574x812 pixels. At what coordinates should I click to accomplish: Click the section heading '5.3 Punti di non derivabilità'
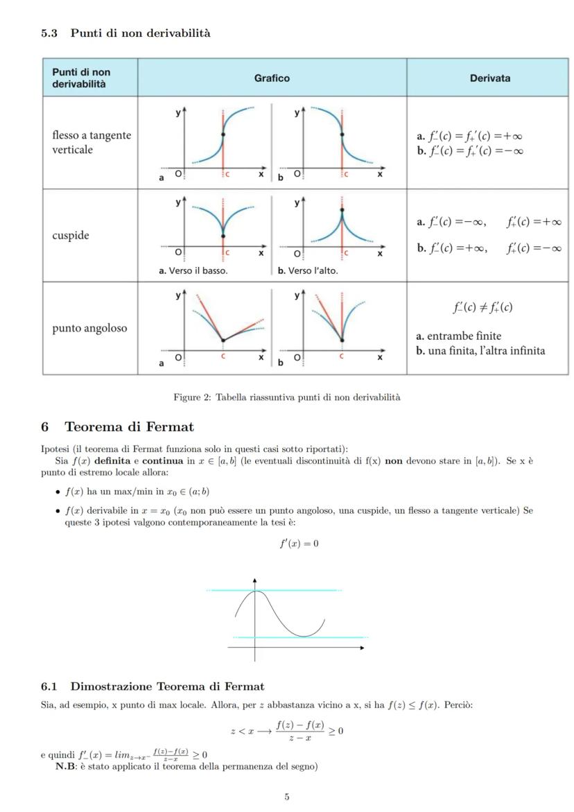click(x=125, y=33)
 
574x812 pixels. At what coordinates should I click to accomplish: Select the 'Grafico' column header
click(x=272, y=78)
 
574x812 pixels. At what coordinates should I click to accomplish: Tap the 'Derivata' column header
click(x=489, y=78)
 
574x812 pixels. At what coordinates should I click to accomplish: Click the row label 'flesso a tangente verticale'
click(x=92, y=142)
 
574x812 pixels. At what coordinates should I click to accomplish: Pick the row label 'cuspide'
click(x=71, y=235)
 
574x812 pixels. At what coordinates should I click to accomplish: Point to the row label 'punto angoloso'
click(x=89, y=328)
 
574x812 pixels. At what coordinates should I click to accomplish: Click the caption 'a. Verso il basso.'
click(x=193, y=270)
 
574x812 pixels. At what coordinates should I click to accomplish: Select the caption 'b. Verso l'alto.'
click(x=308, y=270)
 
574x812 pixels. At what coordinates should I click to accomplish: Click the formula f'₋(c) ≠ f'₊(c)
click(x=482, y=307)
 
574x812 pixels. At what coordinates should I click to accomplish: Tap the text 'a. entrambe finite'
click(x=458, y=336)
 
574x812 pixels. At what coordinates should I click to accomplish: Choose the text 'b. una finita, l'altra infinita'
click(x=480, y=351)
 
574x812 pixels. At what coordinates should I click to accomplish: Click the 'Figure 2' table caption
click(x=286, y=397)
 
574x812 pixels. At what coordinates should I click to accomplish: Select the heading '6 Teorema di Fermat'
click(x=117, y=426)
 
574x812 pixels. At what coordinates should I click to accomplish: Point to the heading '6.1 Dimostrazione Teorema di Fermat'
click(x=153, y=686)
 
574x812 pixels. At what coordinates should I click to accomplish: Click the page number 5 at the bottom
click(x=286, y=797)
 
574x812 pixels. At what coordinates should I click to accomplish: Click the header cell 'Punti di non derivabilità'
click(x=81, y=78)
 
